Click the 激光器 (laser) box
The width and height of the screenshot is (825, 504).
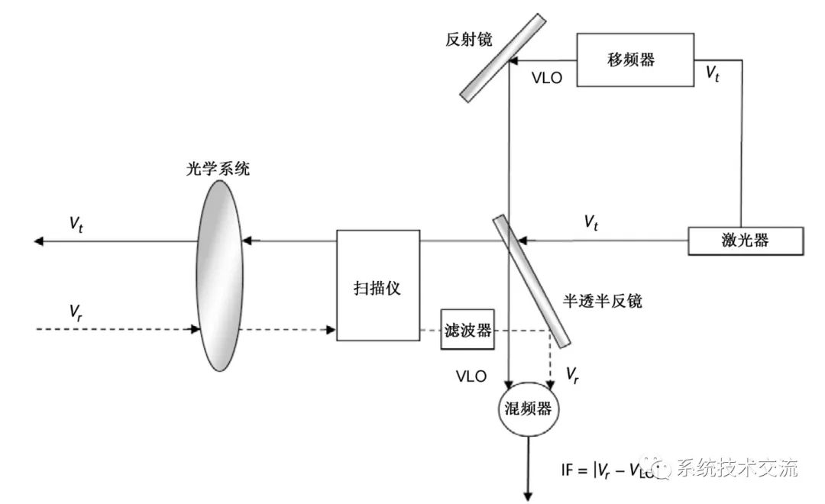click(x=746, y=241)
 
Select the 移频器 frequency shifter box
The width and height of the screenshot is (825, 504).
click(x=636, y=60)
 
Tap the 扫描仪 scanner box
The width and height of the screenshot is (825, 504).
click(x=378, y=286)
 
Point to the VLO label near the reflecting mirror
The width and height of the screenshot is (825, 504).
click(x=547, y=77)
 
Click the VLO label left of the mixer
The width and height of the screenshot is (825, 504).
click(x=471, y=376)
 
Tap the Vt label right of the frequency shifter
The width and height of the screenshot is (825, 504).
click(x=712, y=74)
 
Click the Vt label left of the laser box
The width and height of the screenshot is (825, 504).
click(x=591, y=222)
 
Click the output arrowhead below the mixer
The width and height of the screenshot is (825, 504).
click(x=526, y=496)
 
